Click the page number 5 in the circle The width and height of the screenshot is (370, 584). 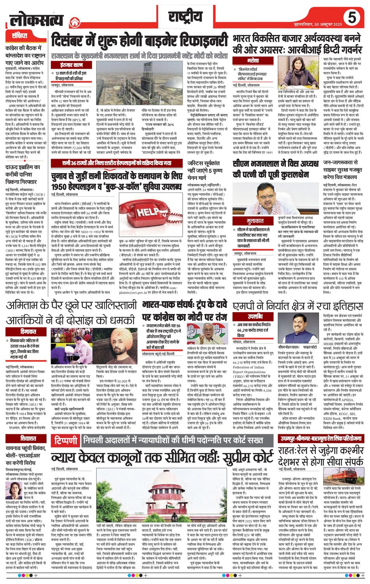coord(352,18)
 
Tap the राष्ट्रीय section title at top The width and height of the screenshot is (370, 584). coord(185,17)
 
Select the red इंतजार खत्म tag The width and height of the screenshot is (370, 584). coord(72,65)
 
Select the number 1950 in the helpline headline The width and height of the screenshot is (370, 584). coord(62,187)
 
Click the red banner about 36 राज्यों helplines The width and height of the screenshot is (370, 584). coord(116,163)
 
